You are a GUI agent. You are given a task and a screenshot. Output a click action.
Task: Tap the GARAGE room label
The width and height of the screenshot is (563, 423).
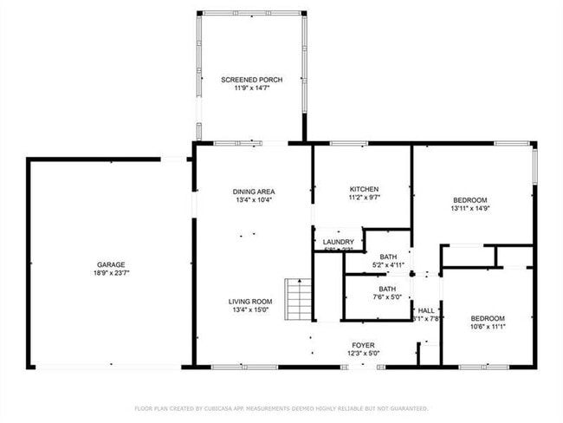[x=111, y=264]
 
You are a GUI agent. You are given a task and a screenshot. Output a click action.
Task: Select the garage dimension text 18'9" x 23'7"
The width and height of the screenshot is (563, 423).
[x=111, y=273]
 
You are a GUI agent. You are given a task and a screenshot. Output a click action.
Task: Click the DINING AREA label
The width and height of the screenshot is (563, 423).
[x=253, y=192]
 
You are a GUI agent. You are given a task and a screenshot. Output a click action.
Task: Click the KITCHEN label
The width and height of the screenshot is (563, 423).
[x=364, y=189]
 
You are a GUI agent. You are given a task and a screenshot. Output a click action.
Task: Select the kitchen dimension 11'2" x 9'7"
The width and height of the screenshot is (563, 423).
[x=364, y=198]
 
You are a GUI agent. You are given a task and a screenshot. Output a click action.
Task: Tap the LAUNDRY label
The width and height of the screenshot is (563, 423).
[x=338, y=242]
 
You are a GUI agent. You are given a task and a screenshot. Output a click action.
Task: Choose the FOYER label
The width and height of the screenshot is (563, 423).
[x=362, y=344]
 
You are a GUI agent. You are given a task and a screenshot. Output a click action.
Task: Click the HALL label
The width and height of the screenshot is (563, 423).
[x=426, y=310]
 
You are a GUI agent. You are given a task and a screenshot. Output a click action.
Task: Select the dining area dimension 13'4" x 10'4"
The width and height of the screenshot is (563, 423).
[x=253, y=200]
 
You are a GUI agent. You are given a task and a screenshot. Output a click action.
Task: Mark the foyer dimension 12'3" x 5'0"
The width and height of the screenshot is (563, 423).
[x=362, y=353]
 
